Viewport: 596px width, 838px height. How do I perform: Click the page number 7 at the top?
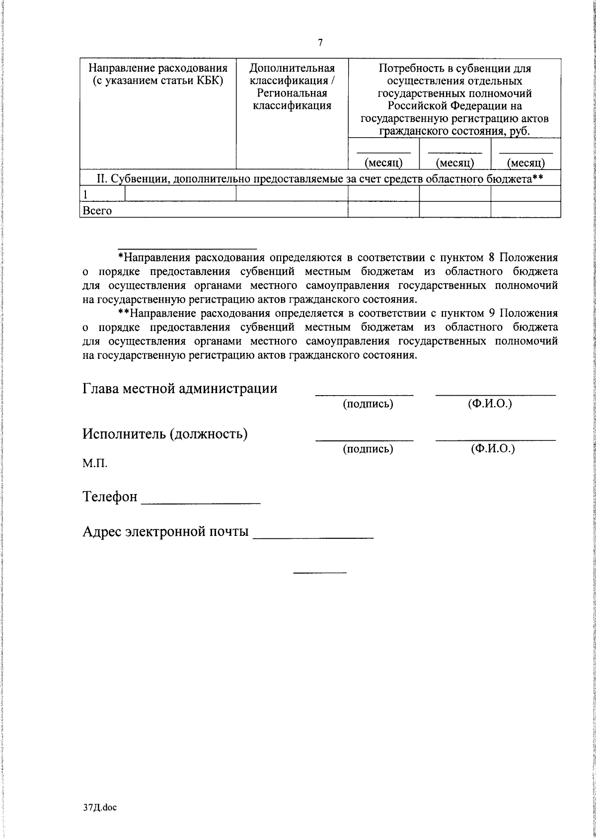point(320,43)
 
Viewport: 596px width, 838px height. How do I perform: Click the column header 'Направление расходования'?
point(157,68)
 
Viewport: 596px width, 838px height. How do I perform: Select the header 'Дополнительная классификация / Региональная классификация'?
point(292,86)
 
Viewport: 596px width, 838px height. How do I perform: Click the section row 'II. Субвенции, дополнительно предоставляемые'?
point(320,178)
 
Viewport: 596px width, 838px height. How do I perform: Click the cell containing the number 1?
point(86,194)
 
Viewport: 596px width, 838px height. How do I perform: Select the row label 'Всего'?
point(97,211)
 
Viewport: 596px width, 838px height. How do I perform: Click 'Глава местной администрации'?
point(180,388)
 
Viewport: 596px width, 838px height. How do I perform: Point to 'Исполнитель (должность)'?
point(165,434)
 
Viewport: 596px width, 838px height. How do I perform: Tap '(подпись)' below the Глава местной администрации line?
point(368,404)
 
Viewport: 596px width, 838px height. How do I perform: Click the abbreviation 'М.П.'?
point(95,464)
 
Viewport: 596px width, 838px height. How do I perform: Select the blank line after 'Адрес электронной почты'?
point(313,537)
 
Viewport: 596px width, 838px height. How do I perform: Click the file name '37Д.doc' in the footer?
point(99,808)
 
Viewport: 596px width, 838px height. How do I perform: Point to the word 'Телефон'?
point(110,497)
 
